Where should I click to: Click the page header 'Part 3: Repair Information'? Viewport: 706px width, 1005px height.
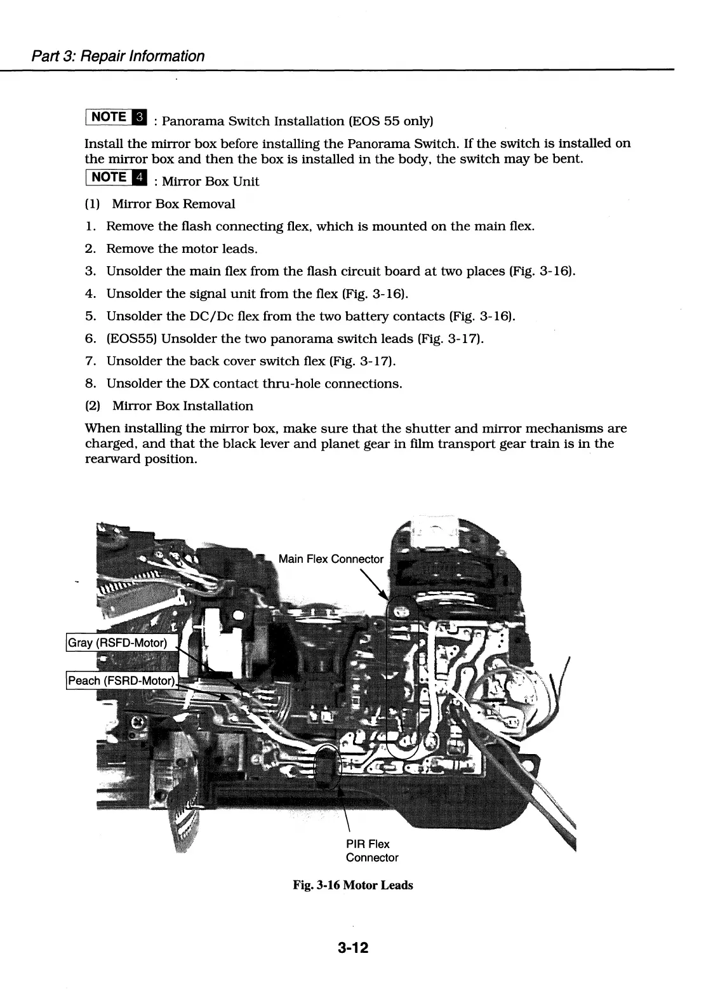tap(118, 56)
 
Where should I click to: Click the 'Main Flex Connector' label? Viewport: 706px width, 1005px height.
tap(331, 559)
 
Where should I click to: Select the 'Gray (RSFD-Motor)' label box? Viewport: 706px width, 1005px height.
tap(117, 643)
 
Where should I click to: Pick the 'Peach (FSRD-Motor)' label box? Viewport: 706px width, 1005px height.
tap(121, 681)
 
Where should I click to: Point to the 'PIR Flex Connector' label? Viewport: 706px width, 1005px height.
tap(371, 851)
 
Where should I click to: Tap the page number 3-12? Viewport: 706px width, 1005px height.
tap(353, 948)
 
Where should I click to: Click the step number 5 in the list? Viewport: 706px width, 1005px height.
tap(90, 316)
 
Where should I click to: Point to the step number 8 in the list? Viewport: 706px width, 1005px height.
tap(90, 384)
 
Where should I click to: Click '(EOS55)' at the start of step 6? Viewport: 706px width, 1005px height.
tap(131, 339)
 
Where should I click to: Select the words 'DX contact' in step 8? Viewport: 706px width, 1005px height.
tap(220, 384)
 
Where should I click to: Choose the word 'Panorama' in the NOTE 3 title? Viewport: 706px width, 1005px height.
tap(194, 121)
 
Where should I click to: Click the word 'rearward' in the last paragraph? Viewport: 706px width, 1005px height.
tap(112, 459)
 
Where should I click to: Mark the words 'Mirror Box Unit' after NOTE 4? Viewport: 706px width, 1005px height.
tap(211, 182)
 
